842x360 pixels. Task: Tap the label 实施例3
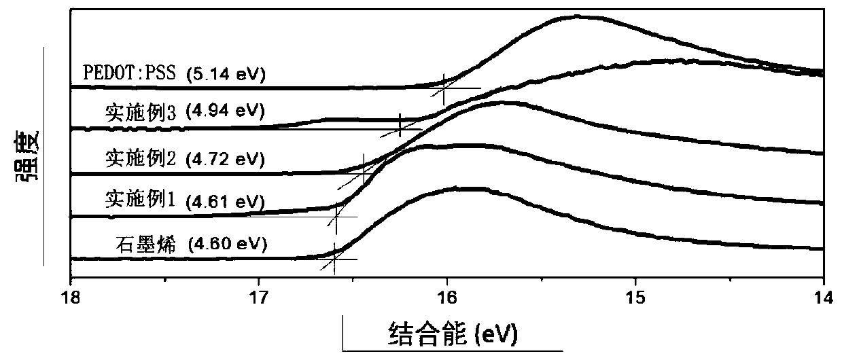point(141,113)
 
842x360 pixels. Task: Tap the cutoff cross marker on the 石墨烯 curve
point(334,257)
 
